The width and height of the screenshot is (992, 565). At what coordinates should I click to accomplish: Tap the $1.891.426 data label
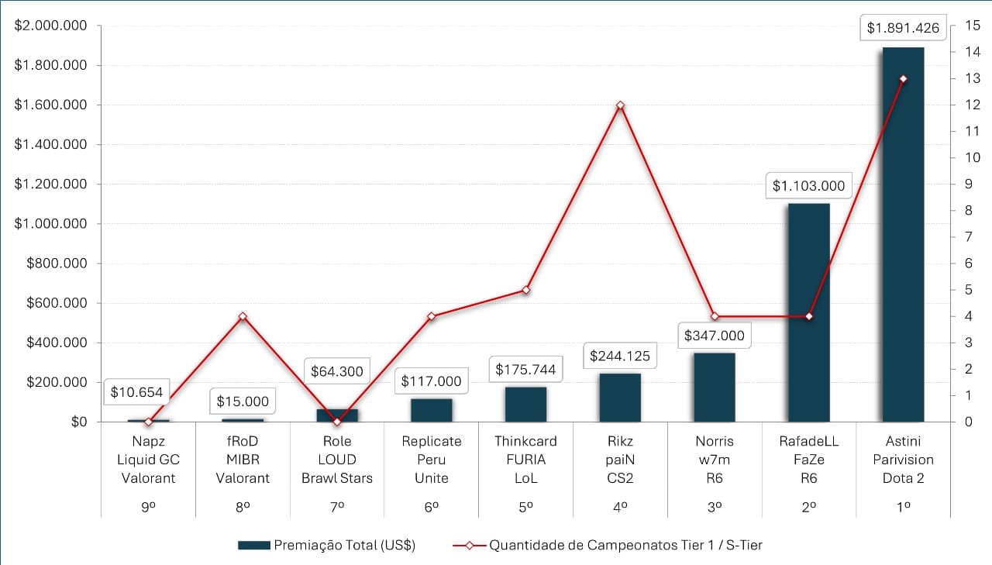[903, 29]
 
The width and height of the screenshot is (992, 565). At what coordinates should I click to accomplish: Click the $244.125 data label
[620, 357]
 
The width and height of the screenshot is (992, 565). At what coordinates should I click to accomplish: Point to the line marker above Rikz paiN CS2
[620, 105]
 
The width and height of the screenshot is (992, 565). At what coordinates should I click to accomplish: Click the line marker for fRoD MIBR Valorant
[243, 316]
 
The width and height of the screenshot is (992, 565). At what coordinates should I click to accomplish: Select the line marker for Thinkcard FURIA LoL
[525, 290]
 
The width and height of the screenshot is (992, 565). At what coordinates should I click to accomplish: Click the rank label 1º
[903, 505]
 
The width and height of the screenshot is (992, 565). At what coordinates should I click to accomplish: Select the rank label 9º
[148, 505]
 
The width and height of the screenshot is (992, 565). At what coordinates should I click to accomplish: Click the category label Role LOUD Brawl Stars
[337, 460]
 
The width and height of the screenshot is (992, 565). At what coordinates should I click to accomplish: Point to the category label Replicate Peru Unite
[432, 460]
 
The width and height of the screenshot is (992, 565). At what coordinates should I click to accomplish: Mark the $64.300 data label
[337, 371]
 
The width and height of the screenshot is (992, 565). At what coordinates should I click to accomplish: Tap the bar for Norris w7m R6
[715, 387]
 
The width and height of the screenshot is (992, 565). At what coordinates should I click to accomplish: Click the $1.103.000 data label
[808, 186]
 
